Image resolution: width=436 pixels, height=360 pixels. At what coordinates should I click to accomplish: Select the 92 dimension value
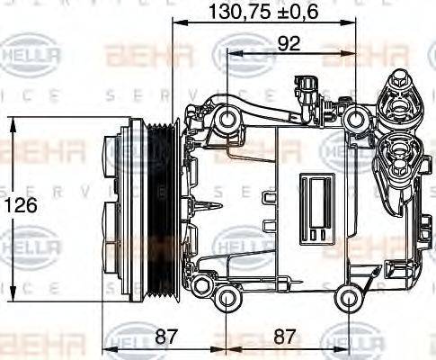(x=289, y=43)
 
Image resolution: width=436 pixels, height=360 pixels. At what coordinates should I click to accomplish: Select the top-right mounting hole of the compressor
(x=357, y=117)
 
